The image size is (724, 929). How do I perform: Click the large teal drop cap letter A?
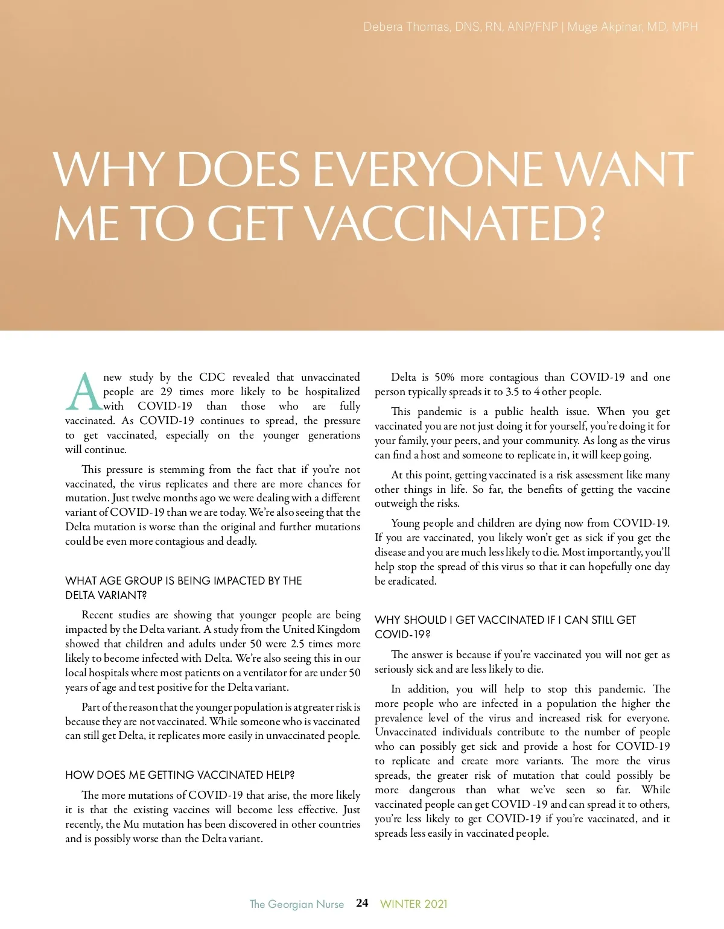point(83,392)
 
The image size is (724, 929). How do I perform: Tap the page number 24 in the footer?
point(362,903)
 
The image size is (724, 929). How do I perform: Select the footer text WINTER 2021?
point(414,904)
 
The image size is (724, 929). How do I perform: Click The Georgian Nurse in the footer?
point(297,904)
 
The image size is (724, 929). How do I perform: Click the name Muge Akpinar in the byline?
point(603,27)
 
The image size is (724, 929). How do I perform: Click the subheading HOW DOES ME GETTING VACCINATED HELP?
point(180,775)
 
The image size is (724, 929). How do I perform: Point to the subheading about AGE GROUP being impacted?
point(183,588)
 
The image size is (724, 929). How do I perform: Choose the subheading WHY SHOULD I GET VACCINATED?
point(505,627)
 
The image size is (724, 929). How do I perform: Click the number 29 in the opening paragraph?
point(167,392)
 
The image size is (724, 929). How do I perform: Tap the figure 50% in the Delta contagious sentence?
point(444,378)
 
